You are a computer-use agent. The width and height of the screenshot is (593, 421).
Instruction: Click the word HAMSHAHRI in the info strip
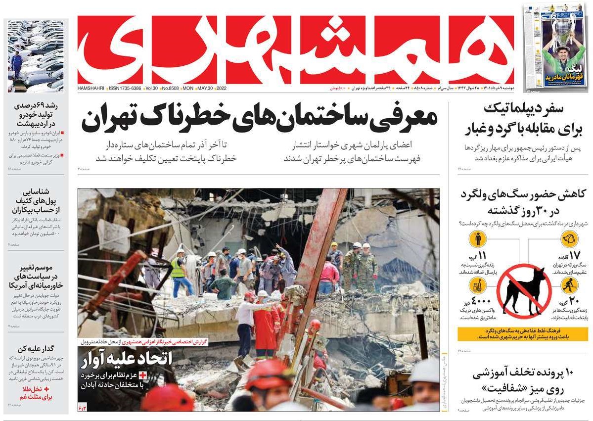pos(91,88)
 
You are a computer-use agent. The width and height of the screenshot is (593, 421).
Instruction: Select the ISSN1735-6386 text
pos(124,88)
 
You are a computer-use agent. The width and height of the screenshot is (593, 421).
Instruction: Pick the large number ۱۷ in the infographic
pos(574,256)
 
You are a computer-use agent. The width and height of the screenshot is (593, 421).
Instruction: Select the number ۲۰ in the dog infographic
pos(574,301)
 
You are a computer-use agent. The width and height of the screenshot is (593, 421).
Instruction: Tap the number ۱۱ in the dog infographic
pos(482,256)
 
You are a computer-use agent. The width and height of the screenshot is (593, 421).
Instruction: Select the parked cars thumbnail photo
pos(36,55)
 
